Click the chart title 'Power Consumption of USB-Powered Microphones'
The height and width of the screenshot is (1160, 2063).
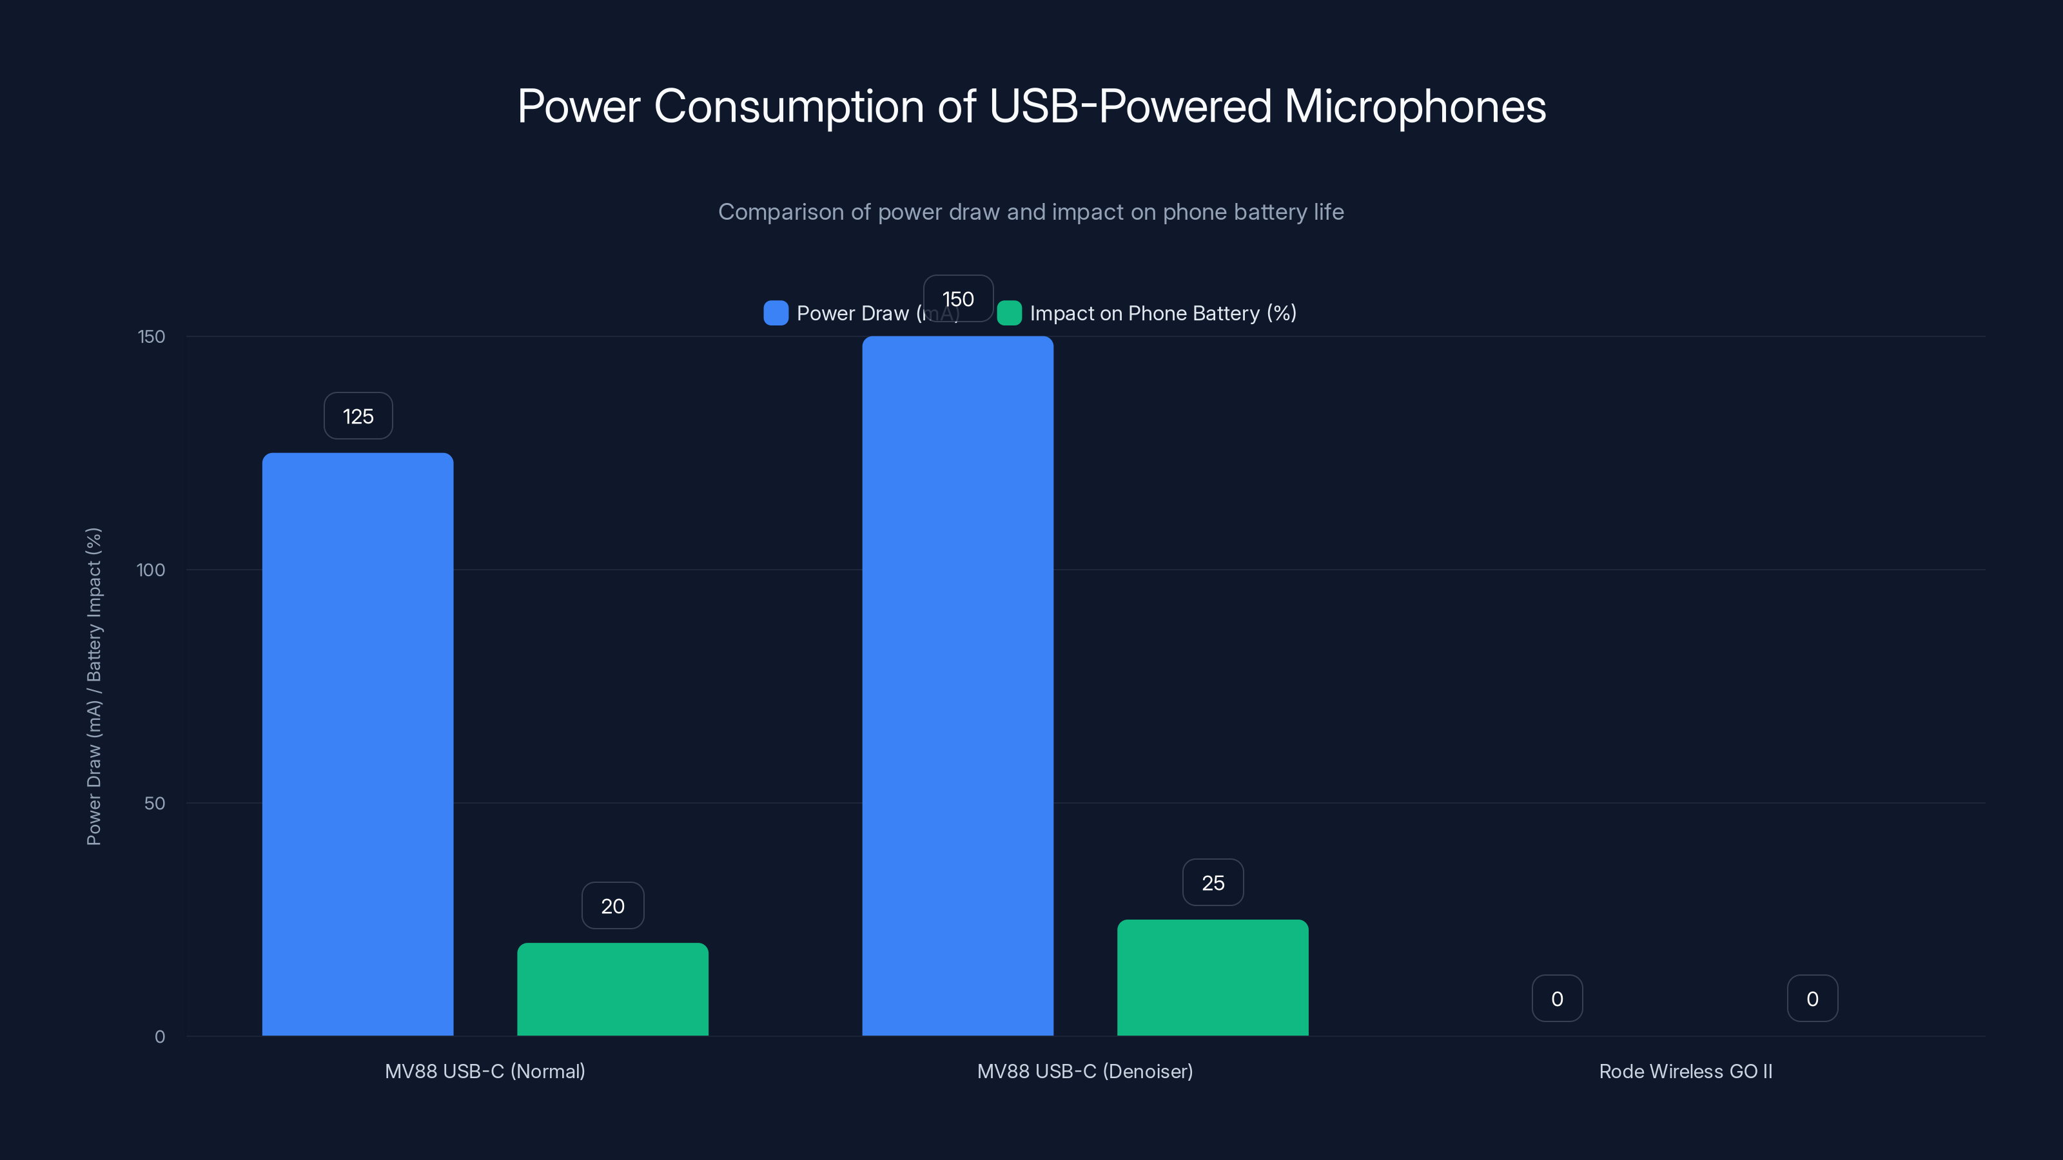coord(1031,106)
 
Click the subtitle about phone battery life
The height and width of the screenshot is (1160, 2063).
coord(1031,212)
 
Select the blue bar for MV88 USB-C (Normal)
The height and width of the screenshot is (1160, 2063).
coord(357,744)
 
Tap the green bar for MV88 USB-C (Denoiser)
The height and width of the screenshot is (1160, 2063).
coord(1213,978)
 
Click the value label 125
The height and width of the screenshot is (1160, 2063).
coord(358,416)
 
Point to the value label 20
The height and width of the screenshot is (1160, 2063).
coord(612,906)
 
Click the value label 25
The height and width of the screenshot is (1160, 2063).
coord(1213,883)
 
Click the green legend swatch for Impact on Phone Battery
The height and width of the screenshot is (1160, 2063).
coord(1009,313)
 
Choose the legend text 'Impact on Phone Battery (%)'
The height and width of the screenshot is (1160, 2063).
coord(1163,313)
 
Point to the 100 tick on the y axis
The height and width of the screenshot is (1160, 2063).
coord(151,570)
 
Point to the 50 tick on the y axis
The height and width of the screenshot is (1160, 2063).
coord(155,803)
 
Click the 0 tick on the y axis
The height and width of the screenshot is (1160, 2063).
coord(159,1037)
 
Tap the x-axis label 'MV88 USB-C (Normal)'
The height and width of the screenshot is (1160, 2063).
coord(485,1071)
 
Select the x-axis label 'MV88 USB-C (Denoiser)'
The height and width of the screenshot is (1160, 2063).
coord(1084,1071)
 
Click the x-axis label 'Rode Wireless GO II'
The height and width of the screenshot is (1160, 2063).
coord(1685,1071)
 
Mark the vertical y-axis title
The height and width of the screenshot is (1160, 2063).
coord(93,686)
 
